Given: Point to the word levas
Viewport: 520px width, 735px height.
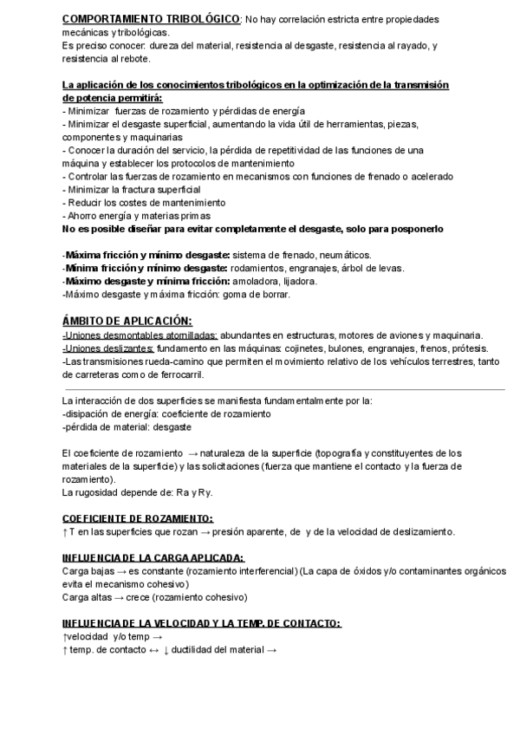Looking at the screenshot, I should point(390,268).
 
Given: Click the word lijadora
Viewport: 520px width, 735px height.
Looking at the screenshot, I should point(299,281).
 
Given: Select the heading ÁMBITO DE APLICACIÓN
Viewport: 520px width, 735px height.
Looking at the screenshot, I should point(127,320).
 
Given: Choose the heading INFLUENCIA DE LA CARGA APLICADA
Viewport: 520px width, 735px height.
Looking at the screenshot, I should point(153,557).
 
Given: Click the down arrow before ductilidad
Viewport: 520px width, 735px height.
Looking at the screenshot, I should point(165,650).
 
